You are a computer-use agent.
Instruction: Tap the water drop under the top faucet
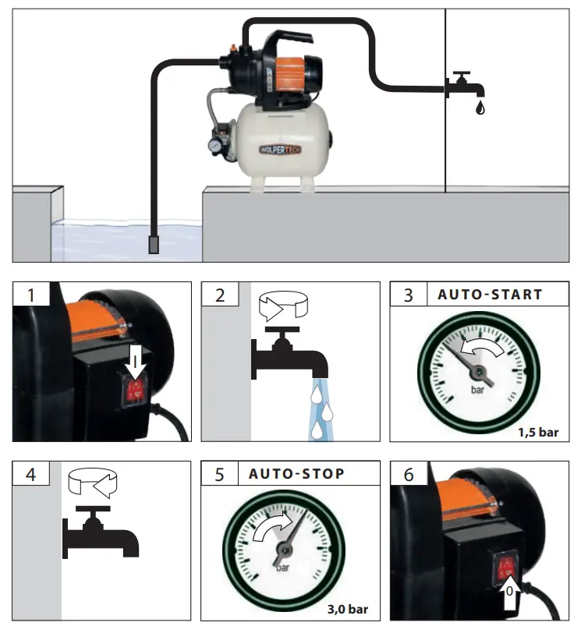pyautogui.click(x=478, y=106)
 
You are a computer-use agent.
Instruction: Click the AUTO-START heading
pyautogui.click(x=490, y=295)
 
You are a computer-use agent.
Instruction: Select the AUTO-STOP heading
pyautogui.click(x=296, y=474)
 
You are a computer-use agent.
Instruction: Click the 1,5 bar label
pyautogui.click(x=538, y=432)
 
